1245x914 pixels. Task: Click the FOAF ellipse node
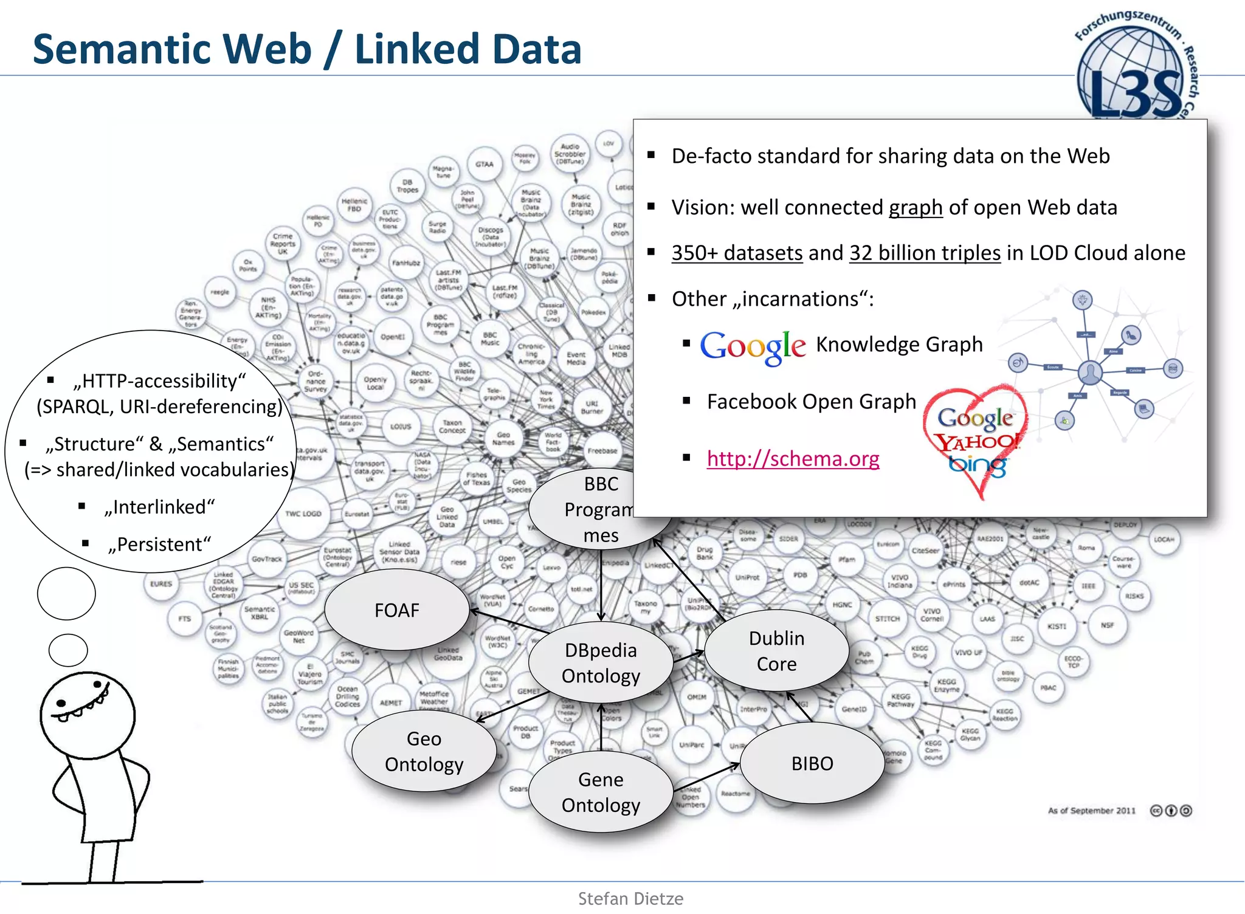click(x=397, y=610)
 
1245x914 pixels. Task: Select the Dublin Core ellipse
click(x=776, y=651)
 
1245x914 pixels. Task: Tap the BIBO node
click(x=812, y=763)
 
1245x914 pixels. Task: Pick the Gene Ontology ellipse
click(x=601, y=792)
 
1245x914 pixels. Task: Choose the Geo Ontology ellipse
click(x=424, y=752)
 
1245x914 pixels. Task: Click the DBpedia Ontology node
click(x=601, y=663)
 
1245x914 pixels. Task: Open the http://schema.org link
click(x=793, y=459)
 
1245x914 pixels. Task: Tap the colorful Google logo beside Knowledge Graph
click(x=753, y=346)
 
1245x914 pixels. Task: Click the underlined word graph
click(x=916, y=208)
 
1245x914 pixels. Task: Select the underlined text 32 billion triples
click(x=925, y=253)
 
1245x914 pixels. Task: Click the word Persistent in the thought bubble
click(x=160, y=545)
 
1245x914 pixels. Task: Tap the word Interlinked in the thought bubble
click(x=160, y=507)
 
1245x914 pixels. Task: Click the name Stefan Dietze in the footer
click(x=630, y=899)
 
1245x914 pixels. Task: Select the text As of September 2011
click(x=1091, y=811)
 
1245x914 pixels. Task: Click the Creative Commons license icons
click(x=1171, y=811)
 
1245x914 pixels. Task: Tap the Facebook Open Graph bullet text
click(x=811, y=402)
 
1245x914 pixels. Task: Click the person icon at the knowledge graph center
click(x=1090, y=372)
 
